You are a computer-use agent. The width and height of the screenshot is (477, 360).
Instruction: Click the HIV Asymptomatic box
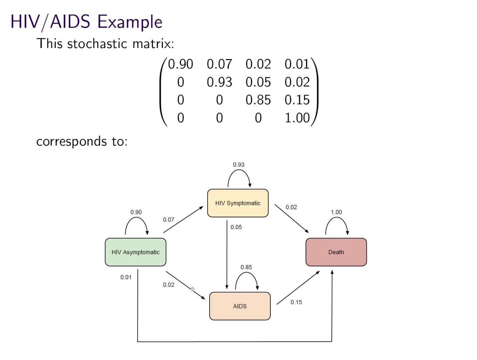pos(136,252)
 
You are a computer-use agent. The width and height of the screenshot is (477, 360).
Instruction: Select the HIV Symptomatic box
pos(238,203)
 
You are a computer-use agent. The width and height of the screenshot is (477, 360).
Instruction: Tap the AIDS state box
pos(240,306)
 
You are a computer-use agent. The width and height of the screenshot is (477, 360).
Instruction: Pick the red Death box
pos(336,252)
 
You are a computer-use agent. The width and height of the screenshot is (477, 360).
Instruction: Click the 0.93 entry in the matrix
pos(219,82)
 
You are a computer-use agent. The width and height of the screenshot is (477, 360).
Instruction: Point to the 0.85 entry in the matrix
pos(258,100)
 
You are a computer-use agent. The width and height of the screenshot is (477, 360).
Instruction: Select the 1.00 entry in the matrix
pos(297,118)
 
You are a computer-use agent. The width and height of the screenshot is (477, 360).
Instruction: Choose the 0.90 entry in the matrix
pos(180,64)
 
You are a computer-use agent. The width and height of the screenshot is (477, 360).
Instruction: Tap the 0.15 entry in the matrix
pos(297,100)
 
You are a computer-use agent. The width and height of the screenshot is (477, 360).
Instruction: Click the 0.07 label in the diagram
pos(169,220)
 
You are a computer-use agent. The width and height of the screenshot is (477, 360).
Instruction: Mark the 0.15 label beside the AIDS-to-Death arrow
pos(296,302)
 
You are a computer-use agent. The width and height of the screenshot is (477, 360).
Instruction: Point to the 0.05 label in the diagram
pos(236,227)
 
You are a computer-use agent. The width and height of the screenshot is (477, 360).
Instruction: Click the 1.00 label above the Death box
pos(336,212)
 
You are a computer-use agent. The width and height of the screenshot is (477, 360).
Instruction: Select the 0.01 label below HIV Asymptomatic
pos(126,277)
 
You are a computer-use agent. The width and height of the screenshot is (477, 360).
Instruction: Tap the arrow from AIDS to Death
pos(298,288)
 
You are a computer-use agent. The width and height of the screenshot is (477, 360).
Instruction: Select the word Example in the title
pos(130,22)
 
